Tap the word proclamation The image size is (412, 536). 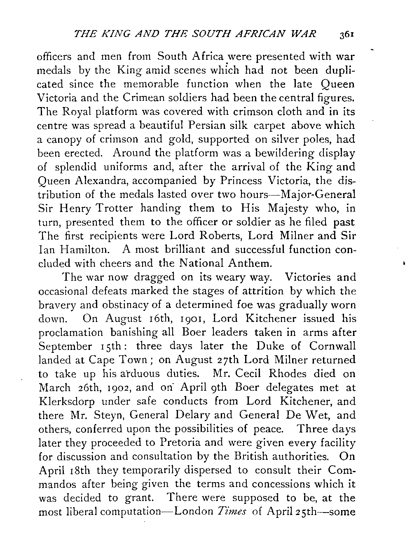70,333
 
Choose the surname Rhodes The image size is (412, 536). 298,374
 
